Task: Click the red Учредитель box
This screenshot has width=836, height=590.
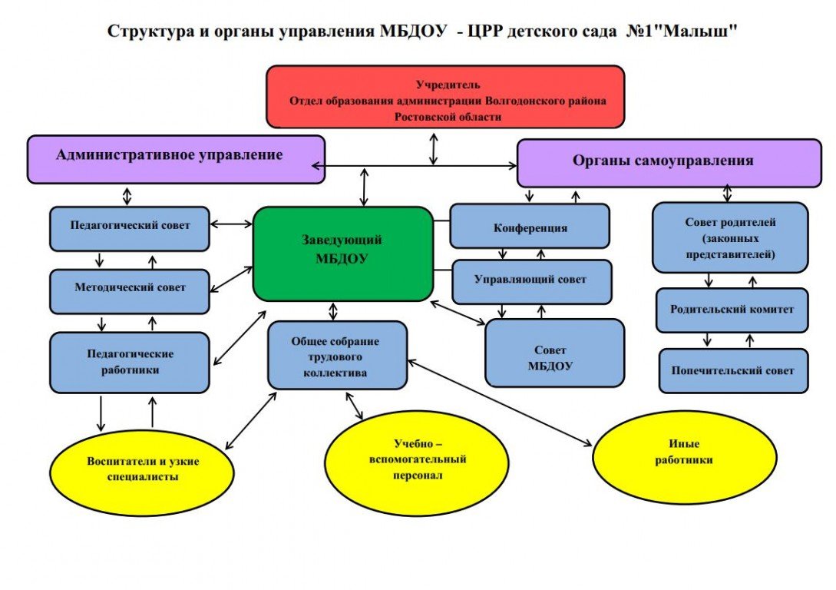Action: [x=445, y=96]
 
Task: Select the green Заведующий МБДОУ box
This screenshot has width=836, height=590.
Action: [x=342, y=253]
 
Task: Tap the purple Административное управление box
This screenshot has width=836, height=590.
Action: [x=176, y=159]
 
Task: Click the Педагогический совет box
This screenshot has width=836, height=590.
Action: [x=130, y=228]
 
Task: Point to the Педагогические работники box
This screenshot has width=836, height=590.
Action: [x=130, y=362]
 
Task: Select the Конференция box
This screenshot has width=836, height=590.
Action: [x=530, y=227]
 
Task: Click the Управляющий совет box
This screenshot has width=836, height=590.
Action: [x=531, y=281]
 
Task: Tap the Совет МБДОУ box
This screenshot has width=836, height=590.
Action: [x=554, y=353]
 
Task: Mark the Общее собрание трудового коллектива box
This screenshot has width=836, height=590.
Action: [x=337, y=355]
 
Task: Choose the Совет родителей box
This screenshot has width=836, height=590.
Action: [x=730, y=237]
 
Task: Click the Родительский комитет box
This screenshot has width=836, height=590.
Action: [x=732, y=310]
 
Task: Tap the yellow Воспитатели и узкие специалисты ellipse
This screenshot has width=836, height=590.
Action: [x=142, y=469]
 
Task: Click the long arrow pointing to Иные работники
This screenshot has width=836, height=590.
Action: [x=499, y=402]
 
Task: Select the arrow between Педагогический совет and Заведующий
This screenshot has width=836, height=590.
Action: [x=231, y=224]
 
